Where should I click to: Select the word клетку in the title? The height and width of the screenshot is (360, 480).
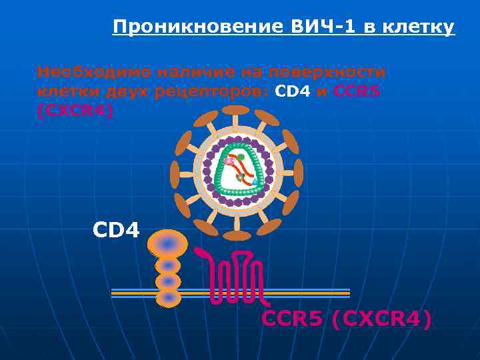(421, 27)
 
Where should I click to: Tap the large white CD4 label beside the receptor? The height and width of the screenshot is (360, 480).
(116, 231)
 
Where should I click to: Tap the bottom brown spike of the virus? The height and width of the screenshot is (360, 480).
(236, 235)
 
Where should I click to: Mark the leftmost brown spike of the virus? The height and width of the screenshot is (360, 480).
(174, 174)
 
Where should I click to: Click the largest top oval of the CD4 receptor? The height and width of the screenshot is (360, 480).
(168, 244)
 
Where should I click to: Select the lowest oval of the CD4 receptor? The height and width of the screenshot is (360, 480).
(168, 297)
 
